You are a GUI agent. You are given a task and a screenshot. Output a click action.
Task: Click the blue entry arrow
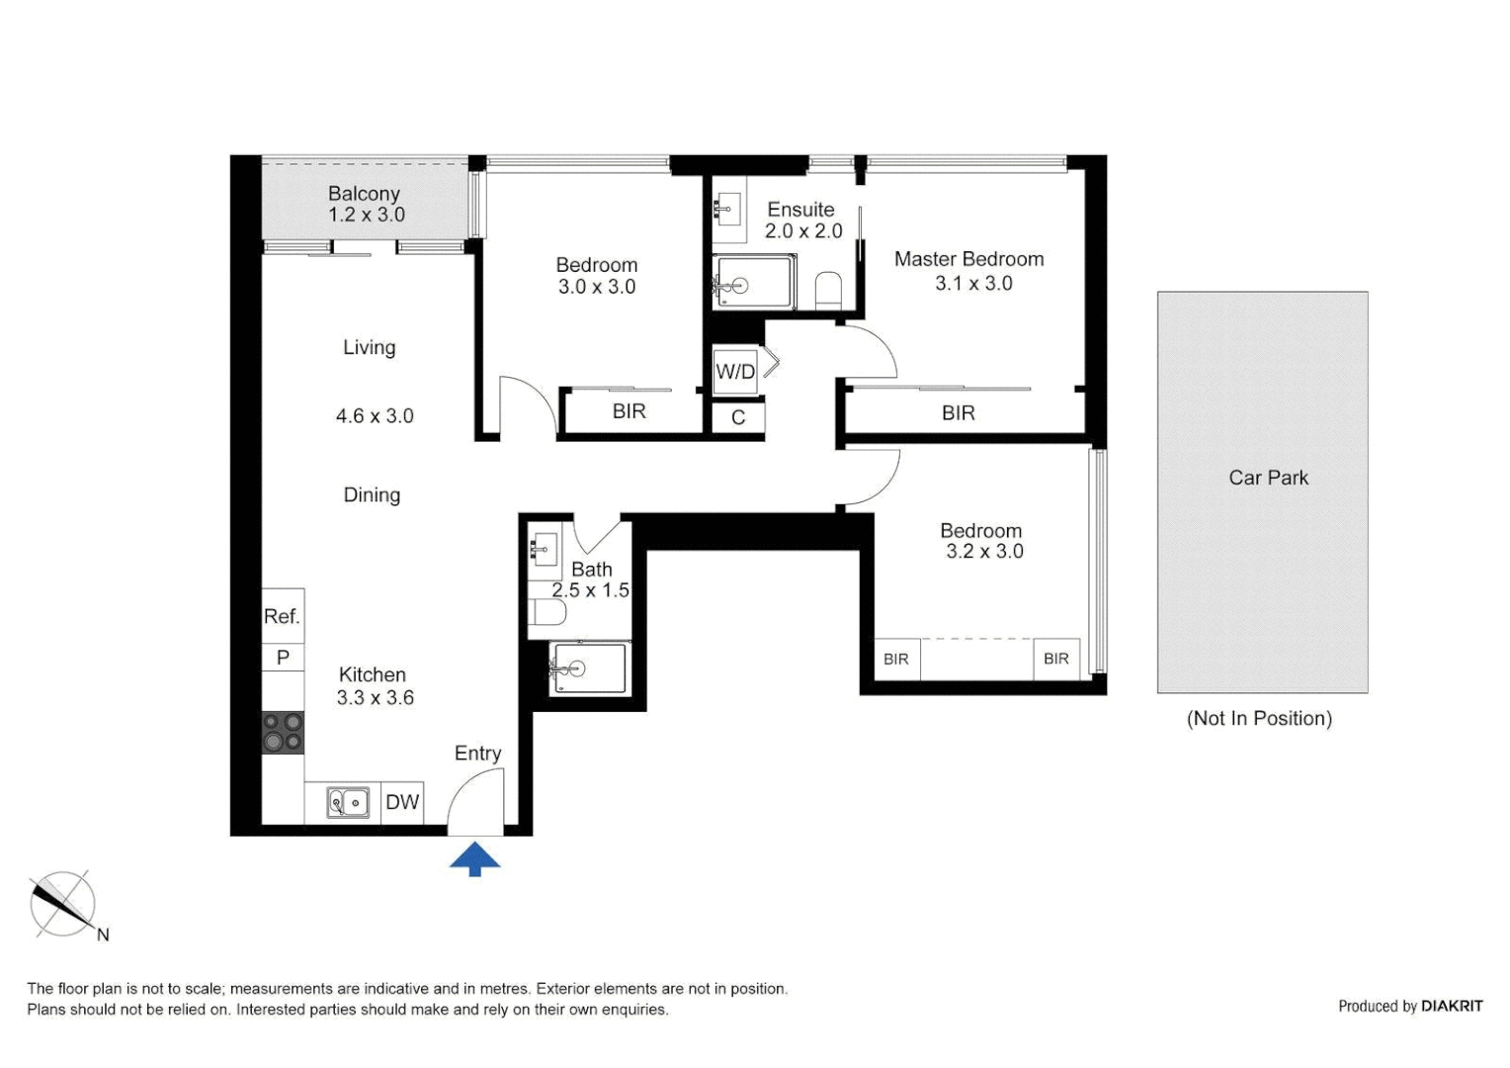(474, 858)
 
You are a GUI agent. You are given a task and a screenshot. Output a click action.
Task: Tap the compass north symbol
(63, 905)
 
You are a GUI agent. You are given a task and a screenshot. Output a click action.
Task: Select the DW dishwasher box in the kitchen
(402, 802)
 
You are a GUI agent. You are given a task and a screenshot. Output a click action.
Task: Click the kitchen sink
(348, 802)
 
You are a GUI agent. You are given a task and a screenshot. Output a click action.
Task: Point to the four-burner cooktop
(283, 733)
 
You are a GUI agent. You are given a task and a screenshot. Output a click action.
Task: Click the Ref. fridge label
(282, 617)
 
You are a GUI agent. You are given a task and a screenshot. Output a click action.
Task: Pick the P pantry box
(283, 658)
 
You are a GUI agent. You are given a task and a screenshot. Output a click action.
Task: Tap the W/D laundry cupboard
(735, 372)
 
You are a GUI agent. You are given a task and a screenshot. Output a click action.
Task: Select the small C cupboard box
(737, 418)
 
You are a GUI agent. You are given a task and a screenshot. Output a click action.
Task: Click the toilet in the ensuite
(828, 290)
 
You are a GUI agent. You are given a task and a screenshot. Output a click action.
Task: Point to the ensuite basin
(729, 209)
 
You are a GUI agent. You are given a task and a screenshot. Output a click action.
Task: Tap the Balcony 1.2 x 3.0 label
(365, 205)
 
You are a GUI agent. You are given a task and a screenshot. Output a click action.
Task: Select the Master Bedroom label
(968, 259)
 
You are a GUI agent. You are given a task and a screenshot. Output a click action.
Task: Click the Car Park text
(1268, 478)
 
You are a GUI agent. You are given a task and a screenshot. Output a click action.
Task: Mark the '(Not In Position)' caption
(1259, 719)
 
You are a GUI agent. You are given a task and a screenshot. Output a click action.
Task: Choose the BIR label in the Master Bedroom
(958, 413)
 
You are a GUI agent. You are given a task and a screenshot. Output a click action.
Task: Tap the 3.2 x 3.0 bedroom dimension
(984, 552)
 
